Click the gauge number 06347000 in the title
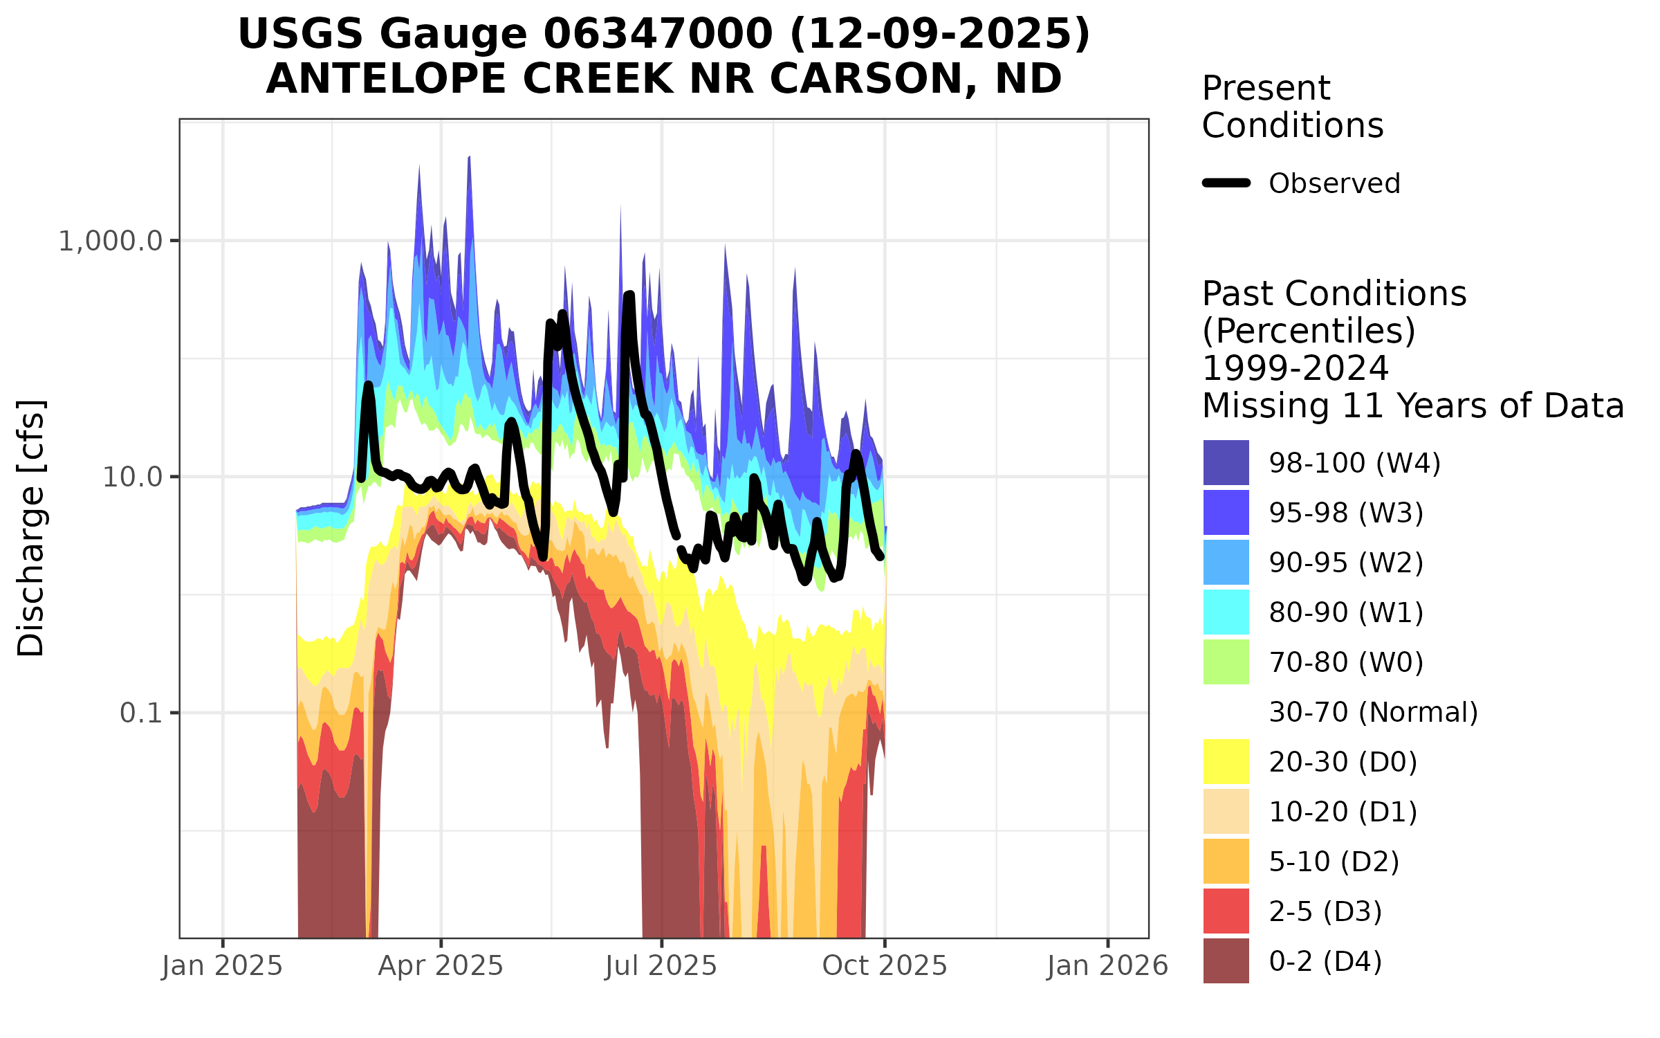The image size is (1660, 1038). coord(657,34)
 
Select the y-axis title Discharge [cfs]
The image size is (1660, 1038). coord(31,527)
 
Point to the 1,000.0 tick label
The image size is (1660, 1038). coord(111,242)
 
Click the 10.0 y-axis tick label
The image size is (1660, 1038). coord(132,477)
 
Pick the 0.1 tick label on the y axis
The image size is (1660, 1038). coord(141,713)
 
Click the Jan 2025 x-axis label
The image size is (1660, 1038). coord(222,966)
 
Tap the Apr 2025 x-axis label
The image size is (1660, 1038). coord(441,966)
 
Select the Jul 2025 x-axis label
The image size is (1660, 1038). coord(661,966)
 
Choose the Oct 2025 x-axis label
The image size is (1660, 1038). coord(885,966)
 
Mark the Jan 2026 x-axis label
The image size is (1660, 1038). coord(1107,966)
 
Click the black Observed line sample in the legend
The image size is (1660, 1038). coord(1226,183)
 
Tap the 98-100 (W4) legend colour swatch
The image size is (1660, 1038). coord(1226,462)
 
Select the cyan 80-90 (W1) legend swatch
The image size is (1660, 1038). coord(1226,612)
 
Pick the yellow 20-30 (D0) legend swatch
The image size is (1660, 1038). coord(1226,761)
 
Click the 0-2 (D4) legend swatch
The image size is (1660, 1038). coord(1226,960)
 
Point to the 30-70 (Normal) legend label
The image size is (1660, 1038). coord(1373,712)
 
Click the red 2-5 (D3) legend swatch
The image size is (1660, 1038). coord(1226,911)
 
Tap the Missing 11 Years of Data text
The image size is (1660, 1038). coord(1412,406)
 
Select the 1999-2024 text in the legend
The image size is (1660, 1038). coord(1295,368)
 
